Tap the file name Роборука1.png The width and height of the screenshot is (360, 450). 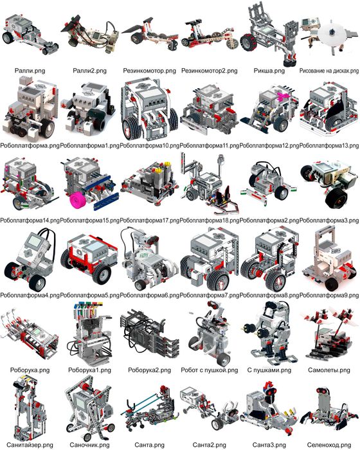[x=90, y=370]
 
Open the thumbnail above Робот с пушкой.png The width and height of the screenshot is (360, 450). [x=210, y=334]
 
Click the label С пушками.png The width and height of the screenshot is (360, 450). [x=269, y=370]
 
